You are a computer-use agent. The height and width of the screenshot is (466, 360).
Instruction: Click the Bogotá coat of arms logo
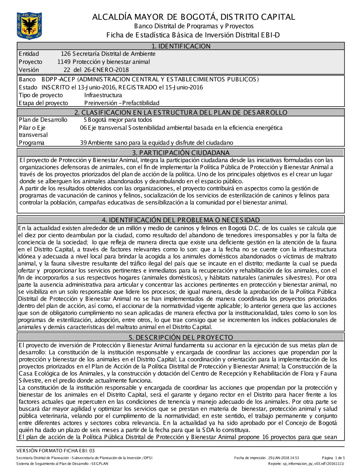point(29,26)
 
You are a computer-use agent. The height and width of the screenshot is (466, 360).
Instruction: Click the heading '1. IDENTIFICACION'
point(181,46)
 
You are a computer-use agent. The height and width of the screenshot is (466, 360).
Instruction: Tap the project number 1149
point(64,62)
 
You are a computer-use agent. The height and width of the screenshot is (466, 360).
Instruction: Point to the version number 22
point(67,70)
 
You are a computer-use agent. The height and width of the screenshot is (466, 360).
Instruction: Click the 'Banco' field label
point(27,79)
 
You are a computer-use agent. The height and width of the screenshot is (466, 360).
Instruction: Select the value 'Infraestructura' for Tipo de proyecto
point(103,95)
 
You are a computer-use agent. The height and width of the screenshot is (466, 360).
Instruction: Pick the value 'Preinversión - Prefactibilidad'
point(122,103)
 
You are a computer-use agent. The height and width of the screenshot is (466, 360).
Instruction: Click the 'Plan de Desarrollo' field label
point(43,120)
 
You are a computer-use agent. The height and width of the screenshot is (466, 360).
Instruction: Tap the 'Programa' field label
point(32,143)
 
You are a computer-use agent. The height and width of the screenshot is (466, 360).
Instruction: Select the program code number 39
point(84,143)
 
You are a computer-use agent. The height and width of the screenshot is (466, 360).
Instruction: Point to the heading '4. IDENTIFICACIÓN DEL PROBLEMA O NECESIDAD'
point(181,220)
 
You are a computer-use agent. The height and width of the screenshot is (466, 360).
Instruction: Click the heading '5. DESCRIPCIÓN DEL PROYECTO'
point(181,337)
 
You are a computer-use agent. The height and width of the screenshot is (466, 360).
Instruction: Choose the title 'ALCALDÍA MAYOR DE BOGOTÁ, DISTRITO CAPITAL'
point(193,17)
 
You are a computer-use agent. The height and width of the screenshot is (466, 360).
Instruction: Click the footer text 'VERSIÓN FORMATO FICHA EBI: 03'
point(55,451)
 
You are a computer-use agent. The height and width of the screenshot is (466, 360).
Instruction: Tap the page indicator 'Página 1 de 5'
point(333,458)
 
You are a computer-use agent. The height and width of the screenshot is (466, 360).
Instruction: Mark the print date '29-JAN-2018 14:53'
point(283,458)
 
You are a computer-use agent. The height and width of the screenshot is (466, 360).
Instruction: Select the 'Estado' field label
point(28,87)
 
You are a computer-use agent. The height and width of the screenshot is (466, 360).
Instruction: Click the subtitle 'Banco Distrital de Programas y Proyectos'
point(194,26)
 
